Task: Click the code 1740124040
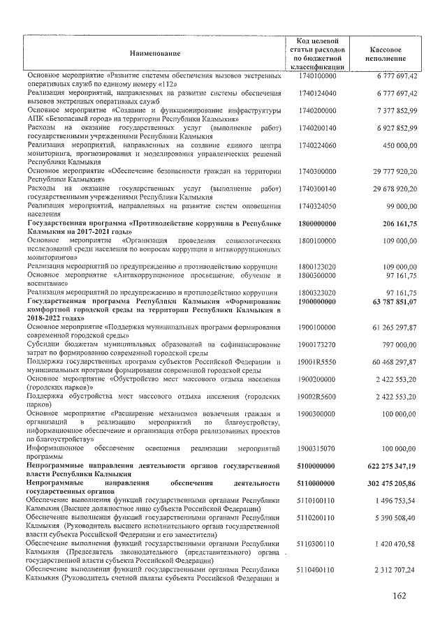[317, 93]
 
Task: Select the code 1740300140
[317, 189]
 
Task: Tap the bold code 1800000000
[317, 223]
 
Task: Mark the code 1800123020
[317, 267]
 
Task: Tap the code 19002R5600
[317, 396]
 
